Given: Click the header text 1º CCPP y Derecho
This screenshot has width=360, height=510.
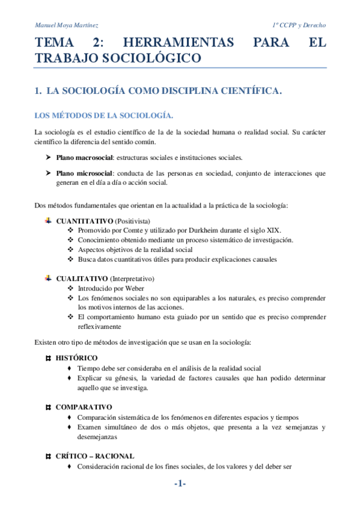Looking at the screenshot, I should [x=299, y=25].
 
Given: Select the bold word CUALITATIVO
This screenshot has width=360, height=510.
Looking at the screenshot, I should [x=82, y=279].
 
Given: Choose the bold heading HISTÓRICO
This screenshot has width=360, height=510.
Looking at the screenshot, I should [x=76, y=358].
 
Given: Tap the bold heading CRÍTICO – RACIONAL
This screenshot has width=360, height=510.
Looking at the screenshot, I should [x=95, y=456].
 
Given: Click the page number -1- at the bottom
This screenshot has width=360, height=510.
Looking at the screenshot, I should [x=180, y=484].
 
